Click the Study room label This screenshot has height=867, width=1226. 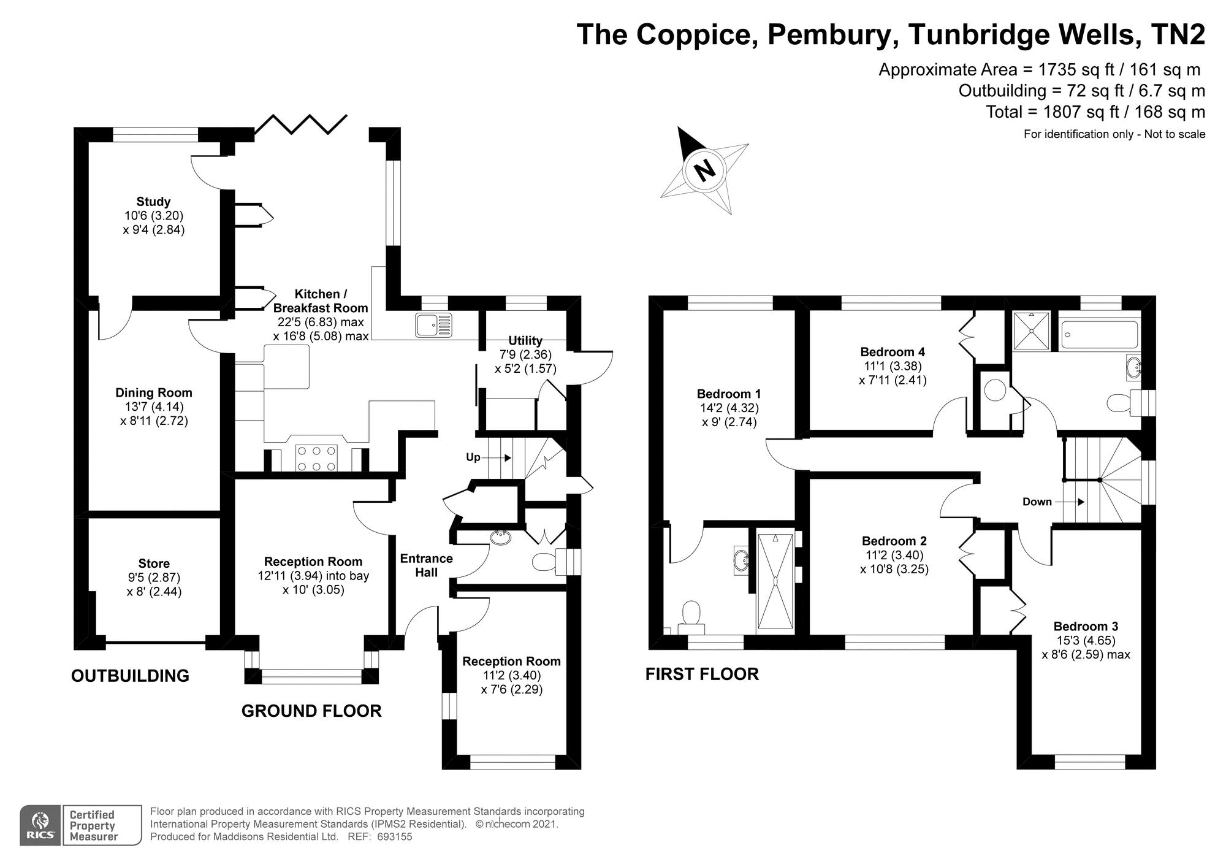pyautogui.click(x=153, y=202)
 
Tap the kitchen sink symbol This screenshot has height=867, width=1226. pyautogui.click(x=433, y=324)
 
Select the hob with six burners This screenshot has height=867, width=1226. pyautogui.click(x=316, y=458)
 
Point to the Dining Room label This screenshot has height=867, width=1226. pyautogui.click(x=154, y=393)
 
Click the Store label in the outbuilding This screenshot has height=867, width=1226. pyautogui.click(x=154, y=563)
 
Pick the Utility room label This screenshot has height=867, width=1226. pyautogui.click(x=525, y=341)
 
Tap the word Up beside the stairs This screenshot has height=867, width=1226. pyautogui.click(x=473, y=457)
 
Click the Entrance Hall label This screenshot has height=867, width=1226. pyautogui.click(x=426, y=565)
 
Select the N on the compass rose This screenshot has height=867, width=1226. pyautogui.click(x=706, y=169)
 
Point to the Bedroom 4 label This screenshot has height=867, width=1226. pyautogui.click(x=893, y=352)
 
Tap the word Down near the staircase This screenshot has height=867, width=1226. pyautogui.click(x=1037, y=502)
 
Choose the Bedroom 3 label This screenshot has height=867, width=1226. pyautogui.click(x=1086, y=626)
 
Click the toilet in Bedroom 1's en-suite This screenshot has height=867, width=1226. pyautogui.click(x=691, y=615)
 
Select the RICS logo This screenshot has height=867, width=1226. pyautogui.click(x=40, y=825)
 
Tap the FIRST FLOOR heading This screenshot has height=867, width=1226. pyautogui.click(x=702, y=674)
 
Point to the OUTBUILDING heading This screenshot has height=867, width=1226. pyautogui.click(x=130, y=676)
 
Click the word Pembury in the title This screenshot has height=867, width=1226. pyautogui.click(x=829, y=34)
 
